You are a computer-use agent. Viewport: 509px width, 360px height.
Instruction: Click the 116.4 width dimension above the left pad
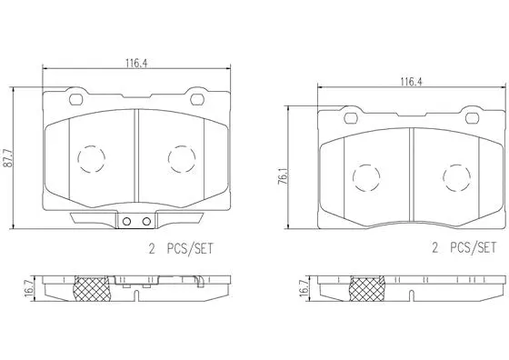tap(137, 63)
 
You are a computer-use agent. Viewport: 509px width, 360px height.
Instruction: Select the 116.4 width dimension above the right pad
tap(409, 81)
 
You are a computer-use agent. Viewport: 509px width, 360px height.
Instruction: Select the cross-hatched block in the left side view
tap(91, 289)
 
